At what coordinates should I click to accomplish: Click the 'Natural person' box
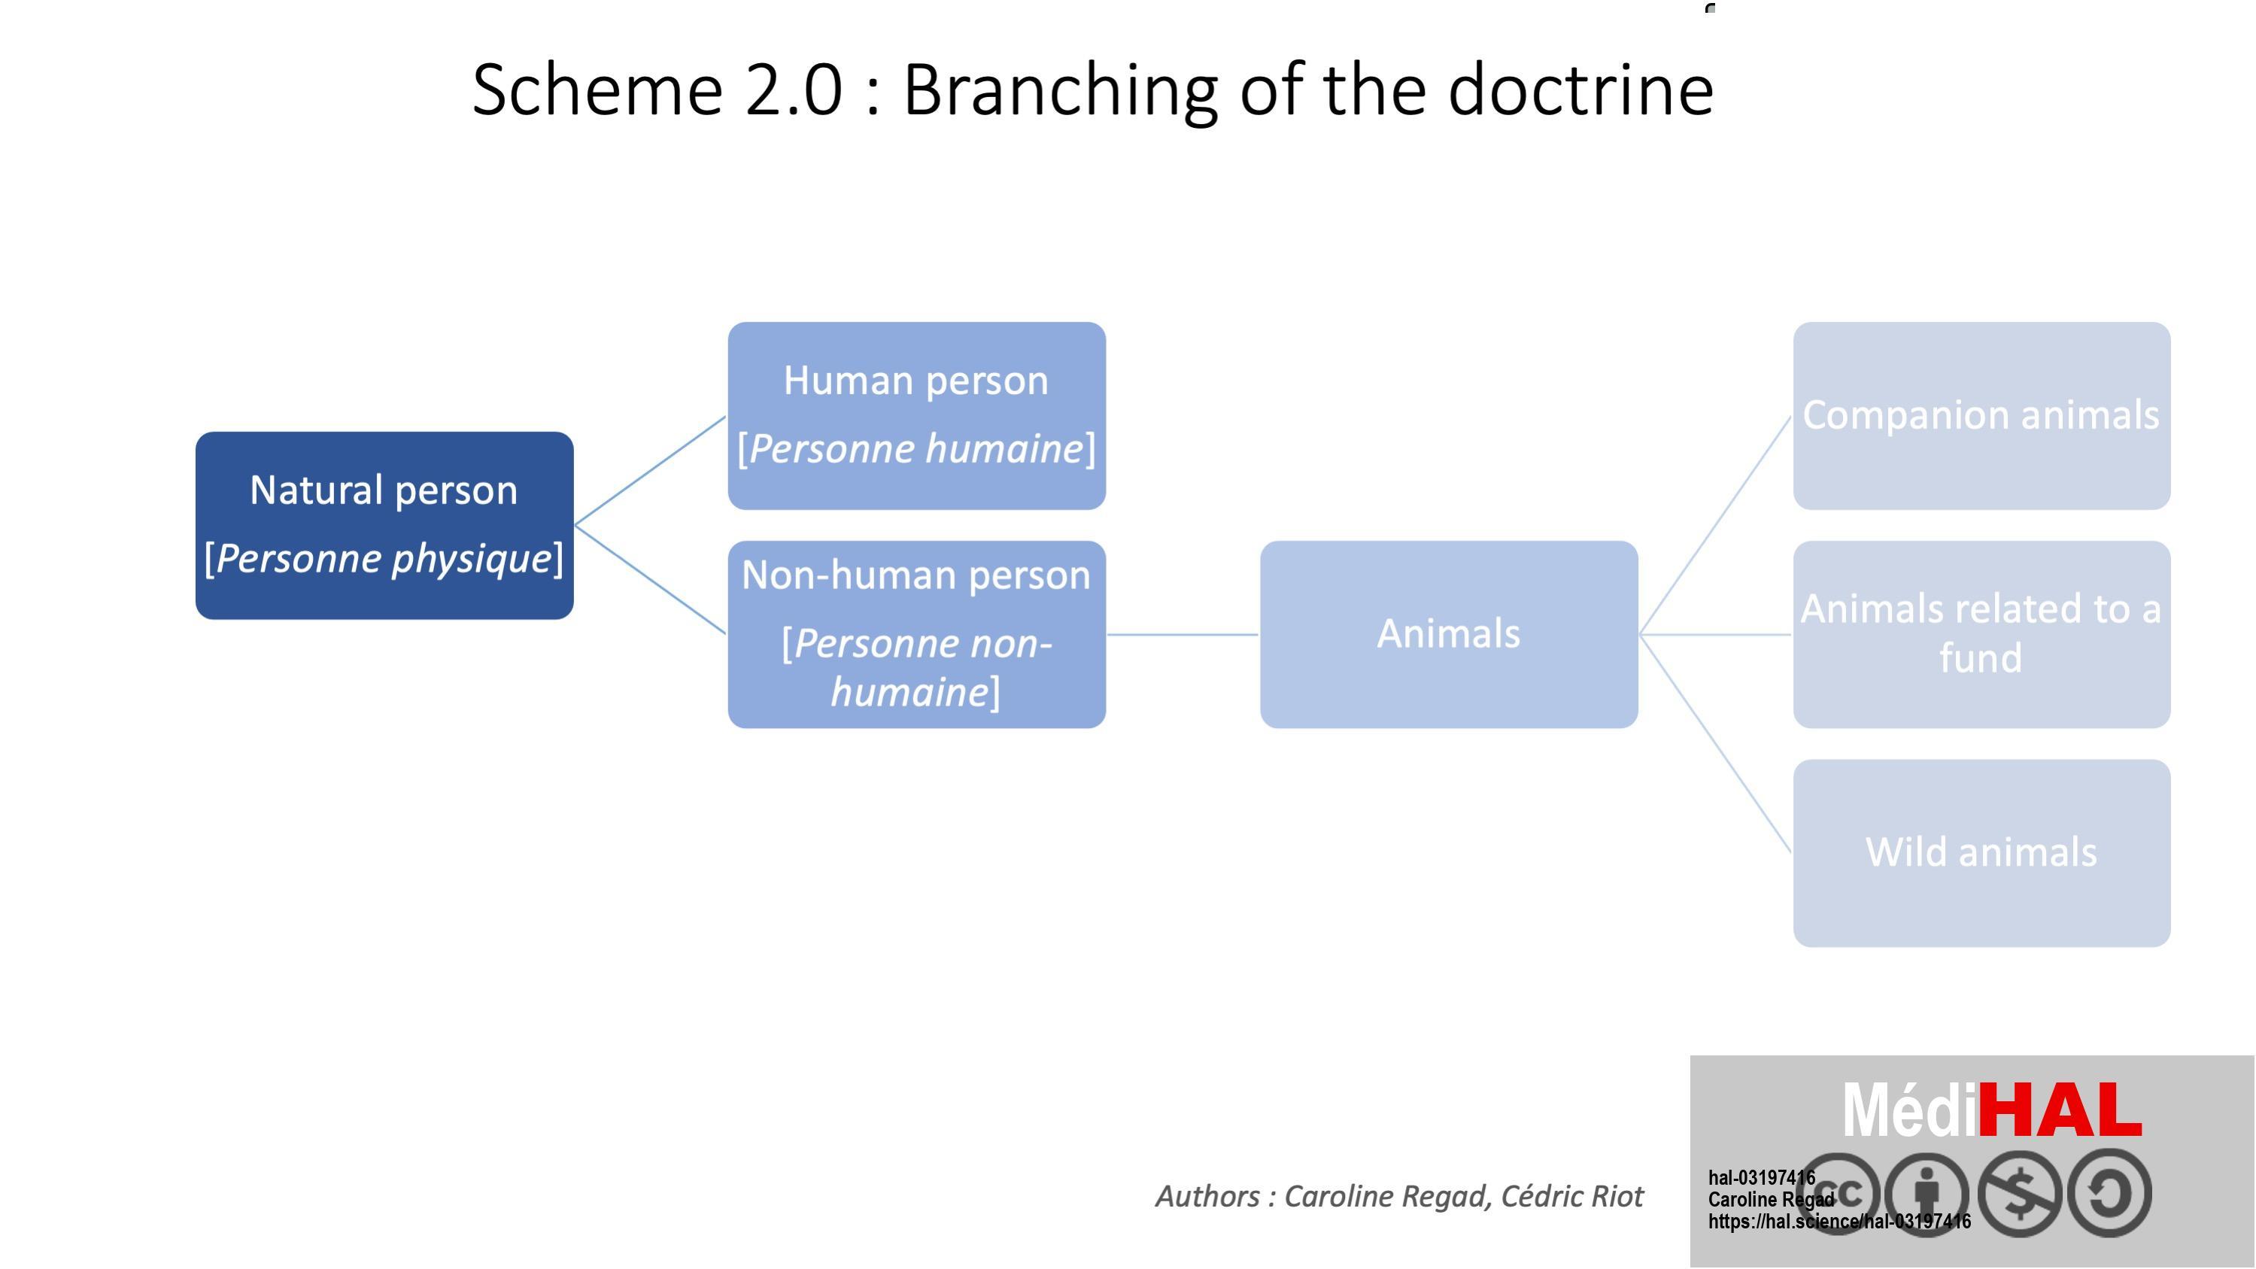384,526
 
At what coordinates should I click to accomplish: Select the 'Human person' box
917,416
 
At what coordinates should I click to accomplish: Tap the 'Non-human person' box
917,635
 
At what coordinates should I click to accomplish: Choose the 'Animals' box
1450,635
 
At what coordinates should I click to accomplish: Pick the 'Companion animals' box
1982,416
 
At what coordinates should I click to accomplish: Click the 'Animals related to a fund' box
1982,635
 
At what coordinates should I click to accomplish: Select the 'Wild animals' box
1982,853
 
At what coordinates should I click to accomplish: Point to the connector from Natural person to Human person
651,470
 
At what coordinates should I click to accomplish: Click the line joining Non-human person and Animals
1183,635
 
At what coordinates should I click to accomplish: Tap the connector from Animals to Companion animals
1716,526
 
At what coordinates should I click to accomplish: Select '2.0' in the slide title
794,90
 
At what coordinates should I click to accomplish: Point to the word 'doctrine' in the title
1580,90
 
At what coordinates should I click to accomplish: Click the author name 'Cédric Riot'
1572,1196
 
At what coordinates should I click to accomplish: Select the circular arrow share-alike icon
2109,1194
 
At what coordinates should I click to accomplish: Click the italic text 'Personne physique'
384,559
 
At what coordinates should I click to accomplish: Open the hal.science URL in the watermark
1839,1222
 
